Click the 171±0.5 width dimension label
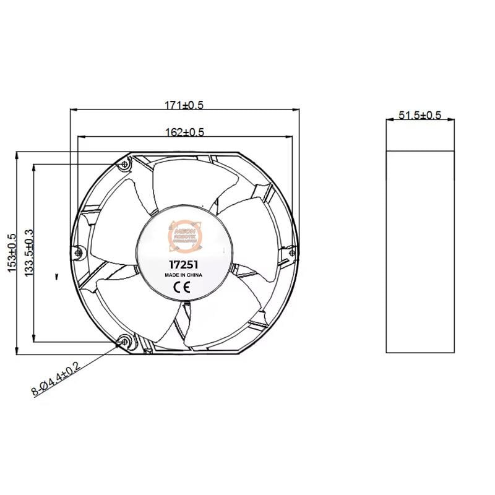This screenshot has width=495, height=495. tap(184, 105)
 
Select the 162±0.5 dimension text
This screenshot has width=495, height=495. tap(184, 132)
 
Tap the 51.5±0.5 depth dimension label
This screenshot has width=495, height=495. tap(420, 115)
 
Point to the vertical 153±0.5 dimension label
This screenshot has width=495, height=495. tap(11, 254)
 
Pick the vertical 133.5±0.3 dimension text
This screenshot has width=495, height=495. tap(28, 254)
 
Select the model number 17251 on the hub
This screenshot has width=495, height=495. tap(183, 262)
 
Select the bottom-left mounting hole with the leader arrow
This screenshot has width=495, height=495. tap(125, 341)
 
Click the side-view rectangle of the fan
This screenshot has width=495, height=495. tap(420, 251)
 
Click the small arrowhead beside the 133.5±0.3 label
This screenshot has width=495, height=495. tap(56, 277)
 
